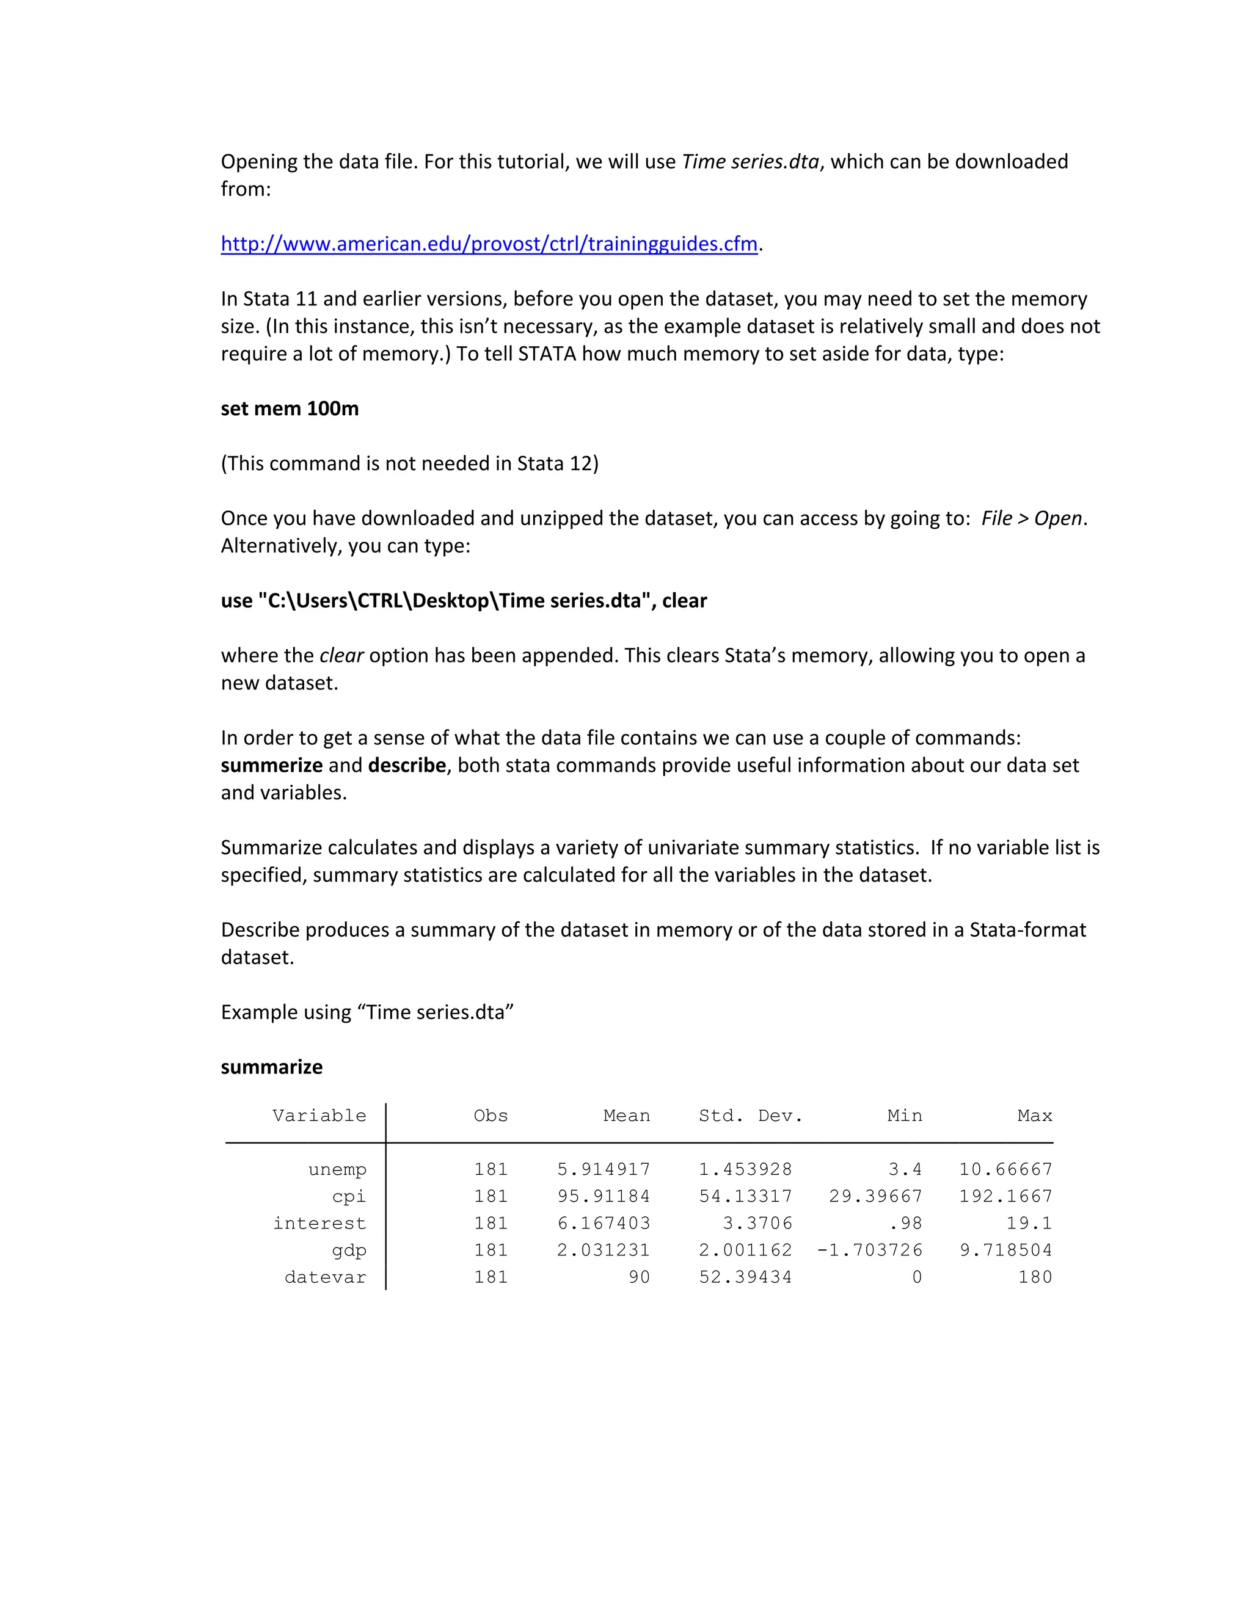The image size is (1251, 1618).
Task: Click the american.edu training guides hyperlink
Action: click(x=489, y=244)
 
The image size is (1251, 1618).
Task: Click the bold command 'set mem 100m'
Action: click(x=290, y=408)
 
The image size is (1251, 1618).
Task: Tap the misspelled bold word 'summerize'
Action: click(x=271, y=764)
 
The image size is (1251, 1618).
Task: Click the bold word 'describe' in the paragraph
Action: click(x=407, y=764)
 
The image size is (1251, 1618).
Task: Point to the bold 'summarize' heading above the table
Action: click(x=272, y=1067)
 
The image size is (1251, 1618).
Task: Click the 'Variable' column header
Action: click(x=319, y=1116)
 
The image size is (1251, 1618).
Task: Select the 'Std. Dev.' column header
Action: click(x=750, y=1116)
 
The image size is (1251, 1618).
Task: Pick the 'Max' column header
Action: click(x=1035, y=1116)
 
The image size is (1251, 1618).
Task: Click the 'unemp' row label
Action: click(x=337, y=1170)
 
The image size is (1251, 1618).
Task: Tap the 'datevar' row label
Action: click(x=326, y=1277)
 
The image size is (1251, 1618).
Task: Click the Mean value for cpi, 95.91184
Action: click(x=604, y=1197)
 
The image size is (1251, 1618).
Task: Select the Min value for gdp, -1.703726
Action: click(x=869, y=1250)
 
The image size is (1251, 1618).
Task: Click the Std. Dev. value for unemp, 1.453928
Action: click(x=745, y=1170)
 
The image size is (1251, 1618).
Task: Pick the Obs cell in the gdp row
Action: click(x=491, y=1250)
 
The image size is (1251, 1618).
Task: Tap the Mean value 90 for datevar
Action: click(x=639, y=1277)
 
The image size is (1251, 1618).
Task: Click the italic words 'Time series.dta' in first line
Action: click(x=750, y=162)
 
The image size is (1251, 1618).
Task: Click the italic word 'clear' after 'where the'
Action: click(x=341, y=655)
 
